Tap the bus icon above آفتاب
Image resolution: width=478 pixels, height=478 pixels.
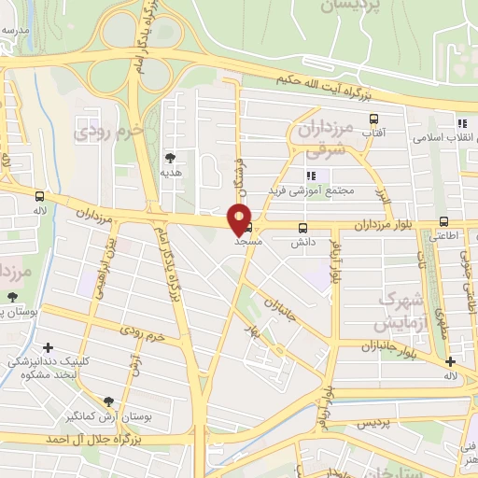tap(374, 119)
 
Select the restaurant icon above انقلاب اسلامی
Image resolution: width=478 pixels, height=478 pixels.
tap(461, 123)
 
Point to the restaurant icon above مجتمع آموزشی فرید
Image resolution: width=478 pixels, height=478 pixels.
tap(311, 175)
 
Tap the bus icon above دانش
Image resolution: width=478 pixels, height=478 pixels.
tap(302, 228)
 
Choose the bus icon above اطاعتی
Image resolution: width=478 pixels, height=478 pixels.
tap(443, 222)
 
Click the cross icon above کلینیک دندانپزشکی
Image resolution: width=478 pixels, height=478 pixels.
tap(46, 347)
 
